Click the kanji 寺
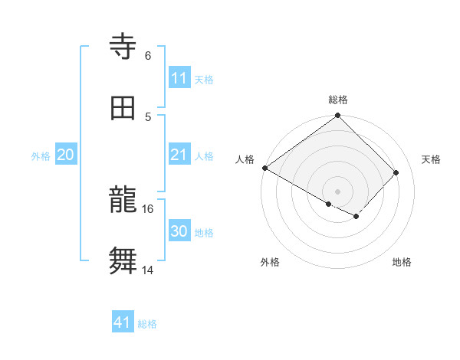point(123,47)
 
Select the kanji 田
point(123,108)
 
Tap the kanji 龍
point(123,201)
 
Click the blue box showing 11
point(179,78)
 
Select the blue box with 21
point(179,155)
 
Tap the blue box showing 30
point(179,232)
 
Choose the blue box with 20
point(66,155)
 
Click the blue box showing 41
point(123,322)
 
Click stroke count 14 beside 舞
point(148,270)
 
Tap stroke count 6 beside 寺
point(148,55)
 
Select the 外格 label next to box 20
point(41,156)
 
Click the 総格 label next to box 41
point(147,324)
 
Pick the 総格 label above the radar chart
point(338,100)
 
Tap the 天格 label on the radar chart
point(432,159)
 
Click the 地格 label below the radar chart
point(402,262)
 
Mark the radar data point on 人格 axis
point(264,168)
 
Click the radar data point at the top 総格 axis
point(338,116)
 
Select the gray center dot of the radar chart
point(338,191)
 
